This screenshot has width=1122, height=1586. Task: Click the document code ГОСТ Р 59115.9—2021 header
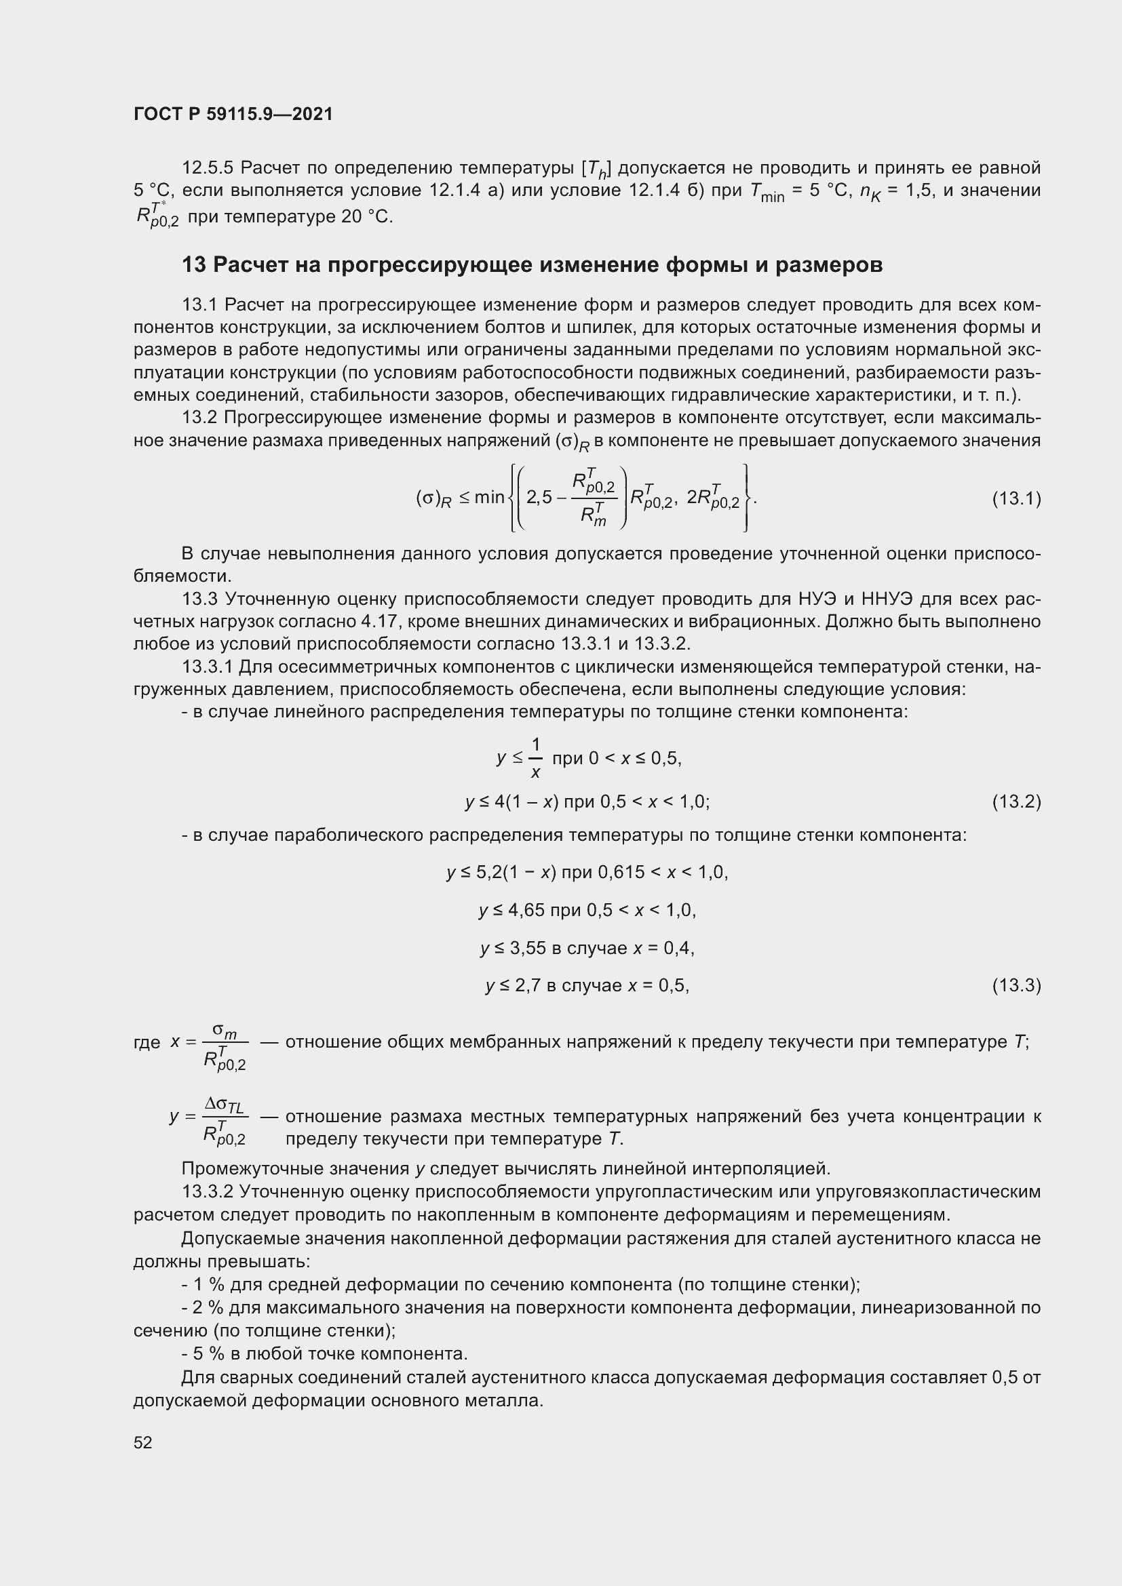(233, 114)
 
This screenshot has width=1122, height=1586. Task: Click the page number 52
(143, 1442)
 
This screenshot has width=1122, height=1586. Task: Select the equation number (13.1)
(1015, 499)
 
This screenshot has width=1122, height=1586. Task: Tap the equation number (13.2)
(1015, 802)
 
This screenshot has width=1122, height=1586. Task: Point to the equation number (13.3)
(1015, 985)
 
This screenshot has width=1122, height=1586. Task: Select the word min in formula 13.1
(489, 497)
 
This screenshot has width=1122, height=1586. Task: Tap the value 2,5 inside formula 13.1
(539, 497)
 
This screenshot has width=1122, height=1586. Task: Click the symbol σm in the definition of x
(225, 1031)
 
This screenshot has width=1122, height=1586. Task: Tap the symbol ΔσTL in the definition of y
(225, 1105)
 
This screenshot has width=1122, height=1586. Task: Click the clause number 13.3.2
(208, 1191)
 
